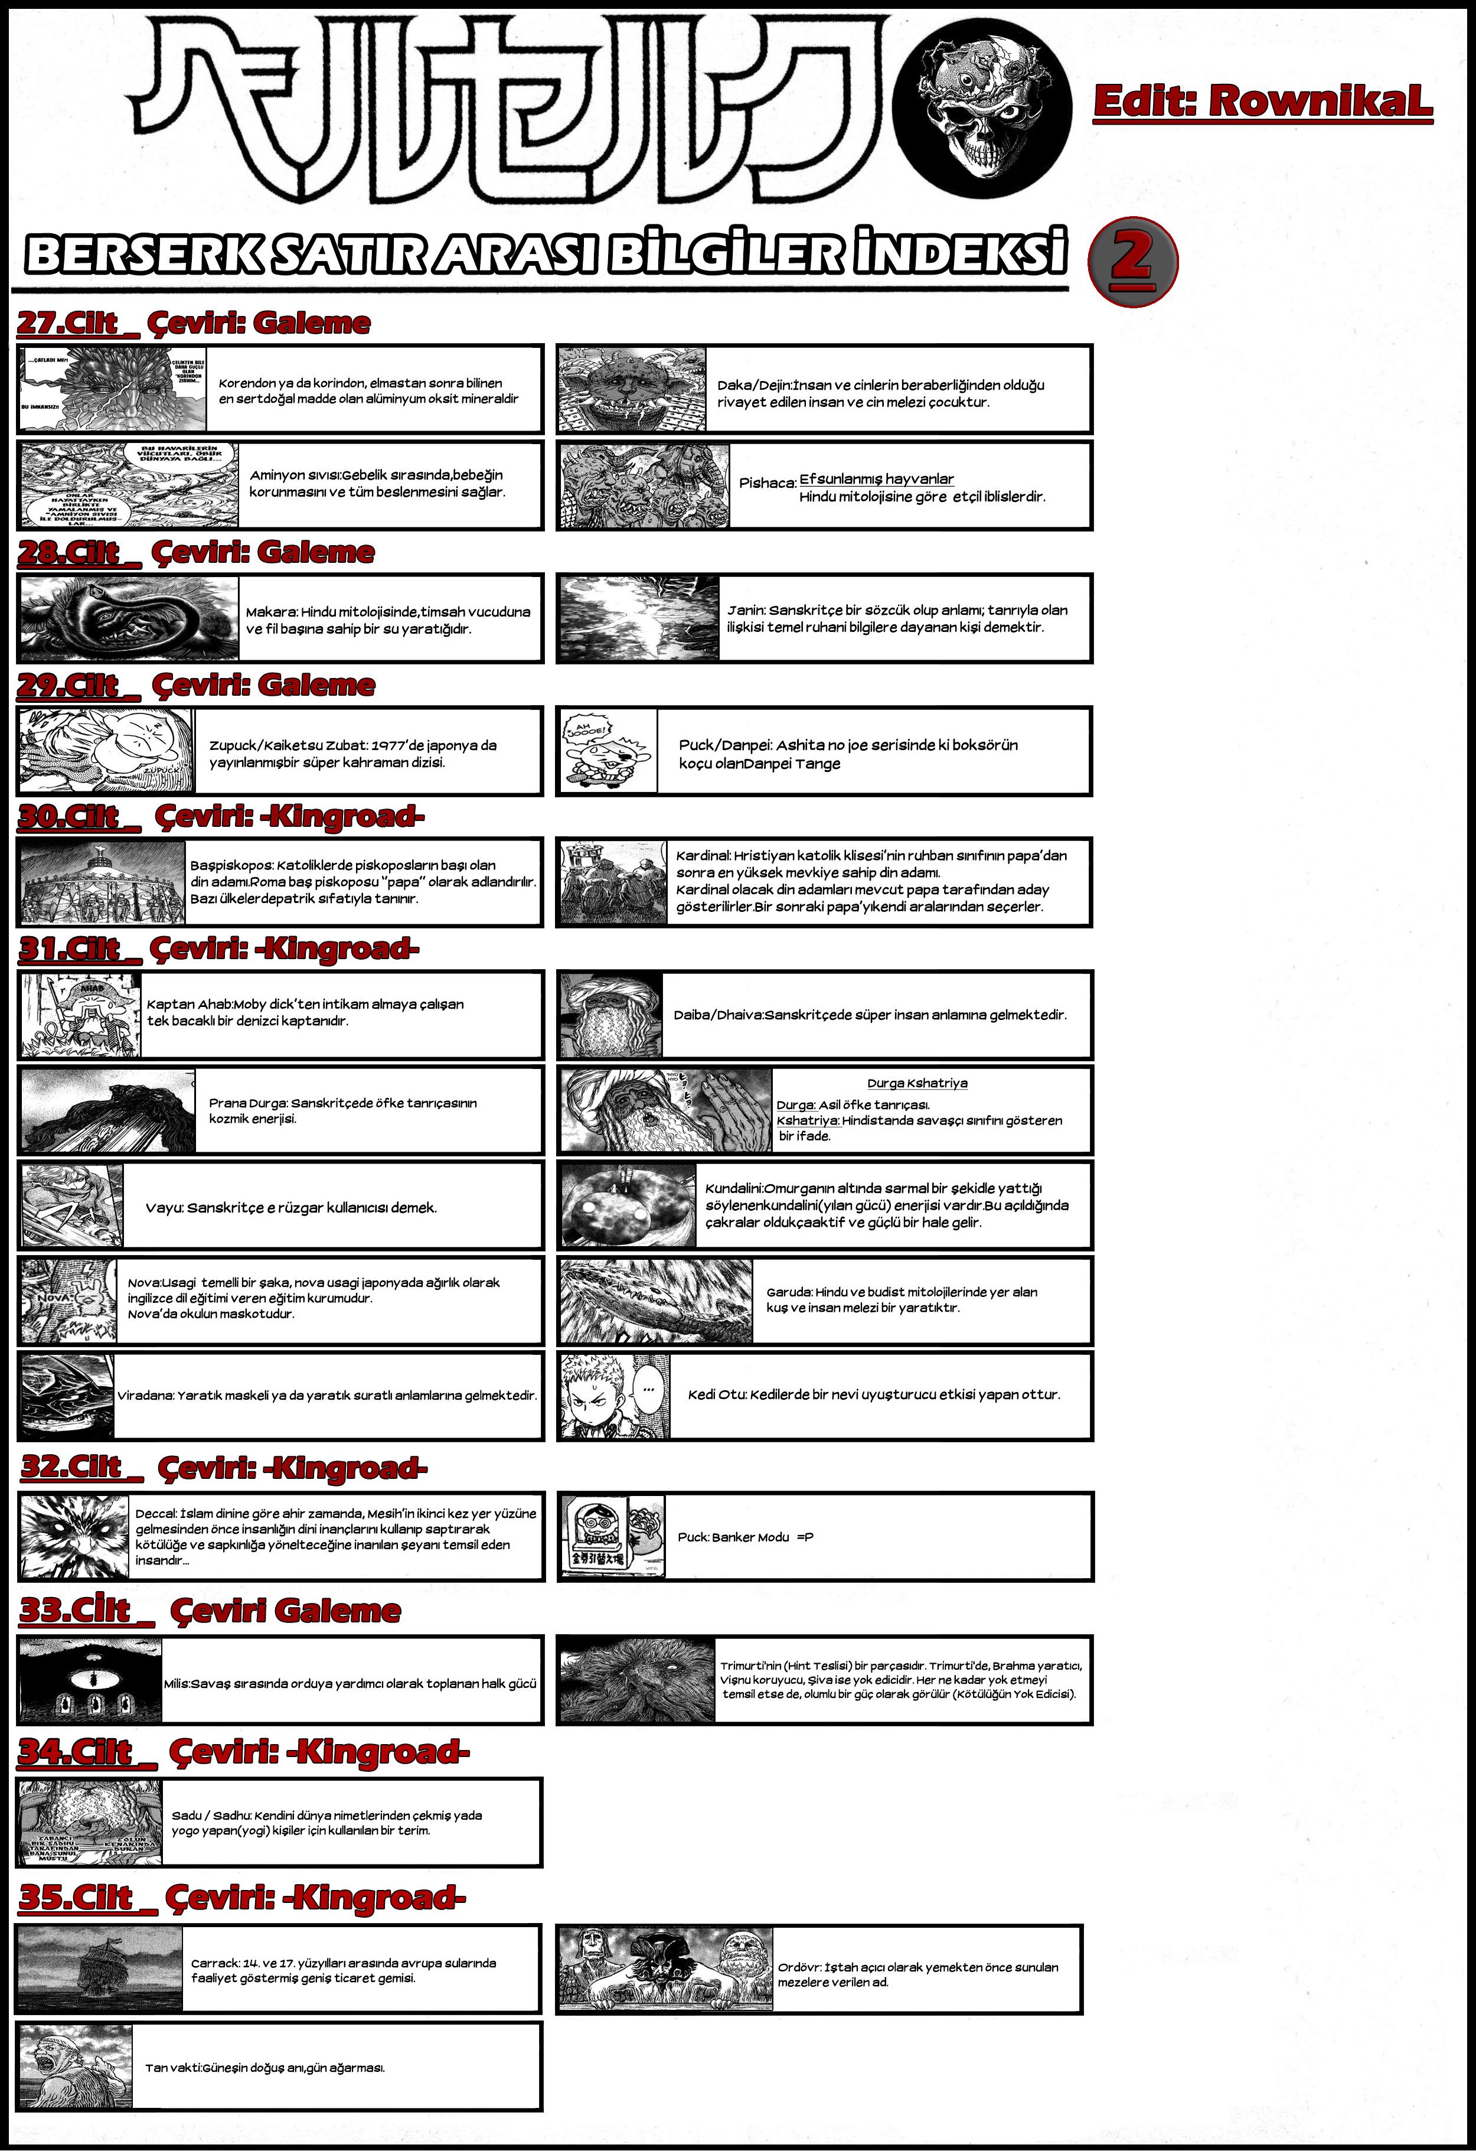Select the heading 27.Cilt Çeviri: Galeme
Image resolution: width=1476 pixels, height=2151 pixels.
coord(194,323)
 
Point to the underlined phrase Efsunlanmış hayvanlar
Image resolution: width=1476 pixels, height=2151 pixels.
coord(876,478)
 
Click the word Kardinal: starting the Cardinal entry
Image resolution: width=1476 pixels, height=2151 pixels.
coord(703,856)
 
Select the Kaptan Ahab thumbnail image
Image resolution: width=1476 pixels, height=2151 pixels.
coord(80,1015)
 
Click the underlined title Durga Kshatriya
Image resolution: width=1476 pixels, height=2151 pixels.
coord(917,1083)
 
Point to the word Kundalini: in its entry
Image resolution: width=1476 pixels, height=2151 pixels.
coord(734,1188)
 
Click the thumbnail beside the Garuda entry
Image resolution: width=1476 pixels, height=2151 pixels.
coord(656,1301)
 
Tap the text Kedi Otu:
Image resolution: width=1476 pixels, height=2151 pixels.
coord(717,1395)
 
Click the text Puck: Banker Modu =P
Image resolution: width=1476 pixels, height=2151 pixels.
coord(745,1537)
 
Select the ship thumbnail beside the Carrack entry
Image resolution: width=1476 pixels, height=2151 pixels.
coord(99,1969)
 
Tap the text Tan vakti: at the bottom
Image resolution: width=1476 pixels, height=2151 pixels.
coord(173,2068)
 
